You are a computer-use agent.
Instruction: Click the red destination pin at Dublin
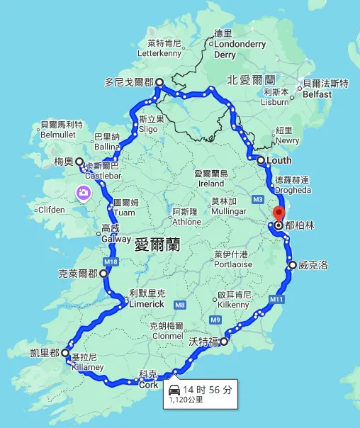(278, 217)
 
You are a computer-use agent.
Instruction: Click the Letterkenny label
(160, 52)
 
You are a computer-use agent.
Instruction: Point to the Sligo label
(148, 130)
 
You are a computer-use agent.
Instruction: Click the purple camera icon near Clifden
(84, 192)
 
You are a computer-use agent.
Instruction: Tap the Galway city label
(116, 239)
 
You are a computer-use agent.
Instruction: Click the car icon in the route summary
(174, 390)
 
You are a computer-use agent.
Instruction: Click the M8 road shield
(180, 305)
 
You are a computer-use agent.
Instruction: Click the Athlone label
(186, 221)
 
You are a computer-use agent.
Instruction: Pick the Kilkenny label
(234, 304)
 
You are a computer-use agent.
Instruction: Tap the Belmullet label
(57, 134)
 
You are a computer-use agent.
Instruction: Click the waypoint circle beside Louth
(261, 161)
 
